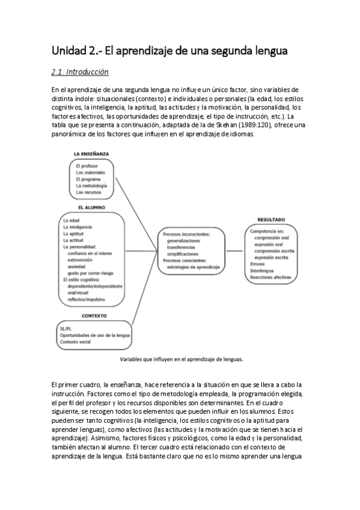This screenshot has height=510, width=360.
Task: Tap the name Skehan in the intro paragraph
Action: pyautogui.click(x=221, y=124)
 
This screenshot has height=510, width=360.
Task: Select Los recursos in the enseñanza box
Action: pyautogui.click(x=88, y=192)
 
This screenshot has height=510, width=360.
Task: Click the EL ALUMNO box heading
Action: pyautogui.click(x=91, y=207)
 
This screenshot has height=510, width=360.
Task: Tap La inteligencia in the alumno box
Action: pyautogui.click(x=78, y=227)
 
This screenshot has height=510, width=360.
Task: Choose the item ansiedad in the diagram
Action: pyautogui.click(x=80, y=266)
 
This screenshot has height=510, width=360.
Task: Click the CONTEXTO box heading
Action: pyautogui.click(x=94, y=316)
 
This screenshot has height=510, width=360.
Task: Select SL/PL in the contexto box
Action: pyautogui.click(x=66, y=329)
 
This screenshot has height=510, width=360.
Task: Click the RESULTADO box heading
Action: pyautogui.click(x=271, y=220)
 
